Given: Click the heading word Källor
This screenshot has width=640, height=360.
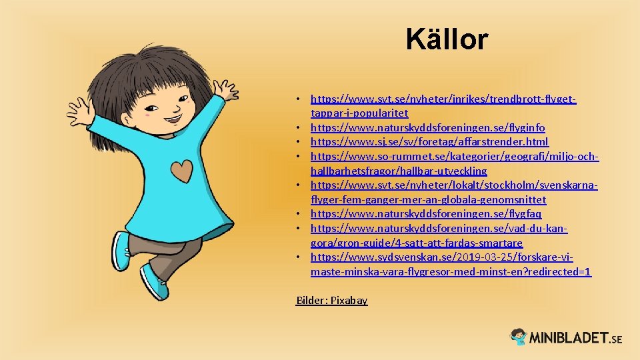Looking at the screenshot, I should coord(447,40).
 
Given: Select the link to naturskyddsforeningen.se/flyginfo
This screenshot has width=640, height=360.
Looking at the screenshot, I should coord(427,127).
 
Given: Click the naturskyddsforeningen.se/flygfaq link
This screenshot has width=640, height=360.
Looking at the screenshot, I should coord(426,214).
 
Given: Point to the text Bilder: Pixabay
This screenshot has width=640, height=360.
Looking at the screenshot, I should coord(331,301).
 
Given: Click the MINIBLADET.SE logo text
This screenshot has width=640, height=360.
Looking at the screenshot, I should coord(576,338).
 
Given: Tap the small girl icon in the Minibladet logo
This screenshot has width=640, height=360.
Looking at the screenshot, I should coord(519,337).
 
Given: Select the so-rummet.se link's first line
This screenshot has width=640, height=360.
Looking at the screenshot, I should coord(455,156).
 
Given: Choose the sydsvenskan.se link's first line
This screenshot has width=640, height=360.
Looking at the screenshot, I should coord(441,257).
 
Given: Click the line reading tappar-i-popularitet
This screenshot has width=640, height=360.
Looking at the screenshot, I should coord(359,113).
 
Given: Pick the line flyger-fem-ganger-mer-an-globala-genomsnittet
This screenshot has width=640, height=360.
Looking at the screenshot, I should coord(428,200).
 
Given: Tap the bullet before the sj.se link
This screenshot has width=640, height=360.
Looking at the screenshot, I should coord(301,142).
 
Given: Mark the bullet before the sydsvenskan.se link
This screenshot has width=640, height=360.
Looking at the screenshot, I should coord(301,258).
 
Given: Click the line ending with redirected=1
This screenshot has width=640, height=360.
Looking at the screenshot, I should coord(451,272).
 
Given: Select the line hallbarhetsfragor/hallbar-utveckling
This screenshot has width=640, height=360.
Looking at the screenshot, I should coord(399,171).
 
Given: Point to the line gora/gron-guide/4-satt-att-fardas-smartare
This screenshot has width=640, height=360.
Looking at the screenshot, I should coord(417,243).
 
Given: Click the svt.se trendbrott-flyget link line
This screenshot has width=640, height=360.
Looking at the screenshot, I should coord(443,99).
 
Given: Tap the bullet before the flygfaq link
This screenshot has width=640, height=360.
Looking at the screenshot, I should coord(301,215).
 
